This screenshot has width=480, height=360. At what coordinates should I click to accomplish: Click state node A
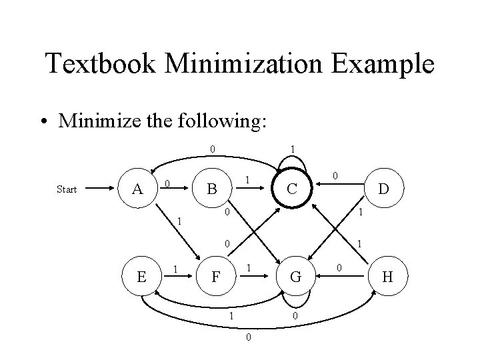(137, 189)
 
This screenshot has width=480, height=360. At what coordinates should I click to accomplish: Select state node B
(211, 189)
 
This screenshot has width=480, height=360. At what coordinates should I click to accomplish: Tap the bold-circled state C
(291, 189)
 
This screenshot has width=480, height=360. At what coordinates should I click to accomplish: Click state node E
(141, 276)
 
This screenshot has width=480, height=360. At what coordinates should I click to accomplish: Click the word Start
(67, 190)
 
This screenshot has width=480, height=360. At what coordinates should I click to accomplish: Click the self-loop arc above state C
(291, 159)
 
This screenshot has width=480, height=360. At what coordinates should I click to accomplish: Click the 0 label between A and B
(169, 183)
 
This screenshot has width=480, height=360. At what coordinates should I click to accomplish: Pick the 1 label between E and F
(175, 269)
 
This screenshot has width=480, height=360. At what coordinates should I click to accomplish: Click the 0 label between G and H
(338, 268)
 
